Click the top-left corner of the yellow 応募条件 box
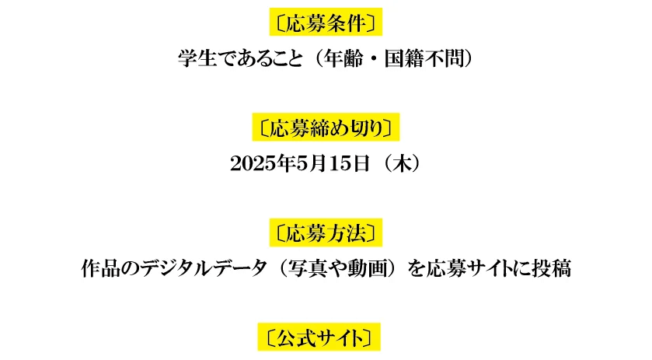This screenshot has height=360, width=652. (x=270, y=8)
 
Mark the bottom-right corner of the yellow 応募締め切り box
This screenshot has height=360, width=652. (x=399, y=141)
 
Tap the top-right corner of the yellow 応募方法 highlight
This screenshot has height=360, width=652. (x=382, y=218)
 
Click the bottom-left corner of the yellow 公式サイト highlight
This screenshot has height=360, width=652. (x=258, y=351)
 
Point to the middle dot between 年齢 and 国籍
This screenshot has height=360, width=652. (x=373, y=58)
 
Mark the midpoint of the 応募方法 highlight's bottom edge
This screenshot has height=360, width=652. (x=326, y=246)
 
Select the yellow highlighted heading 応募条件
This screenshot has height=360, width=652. (x=326, y=22)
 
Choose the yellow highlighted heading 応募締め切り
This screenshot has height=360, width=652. (x=326, y=127)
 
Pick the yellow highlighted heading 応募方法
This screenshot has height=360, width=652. (x=326, y=232)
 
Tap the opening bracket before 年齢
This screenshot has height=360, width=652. (x=319, y=58)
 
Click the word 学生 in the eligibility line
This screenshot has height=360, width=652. (x=197, y=58)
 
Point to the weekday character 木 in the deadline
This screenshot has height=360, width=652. (x=402, y=164)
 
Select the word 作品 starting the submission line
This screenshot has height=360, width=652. (x=100, y=269)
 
